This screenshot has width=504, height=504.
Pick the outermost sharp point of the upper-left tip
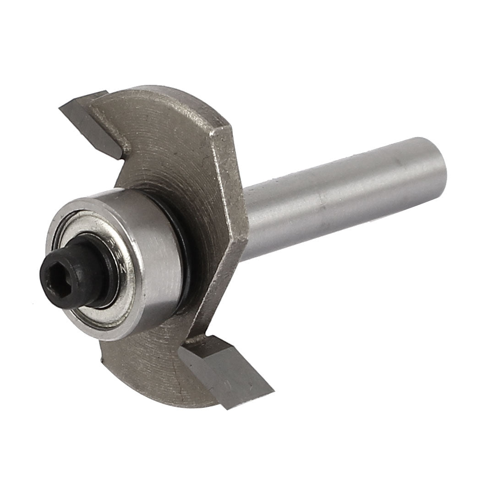coord(60,109)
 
